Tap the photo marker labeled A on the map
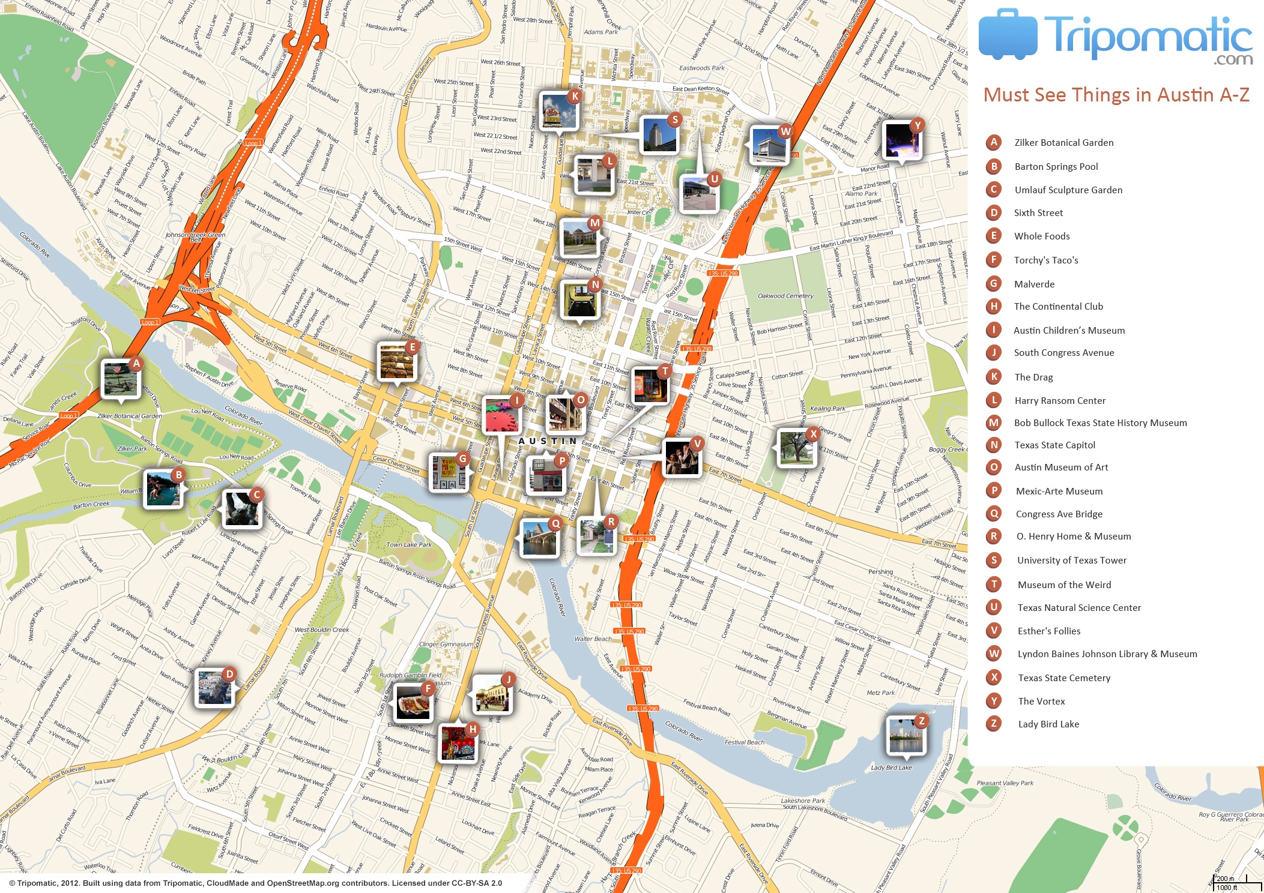point(120,379)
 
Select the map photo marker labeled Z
point(906,735)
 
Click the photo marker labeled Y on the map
point(901,140)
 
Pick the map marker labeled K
point(559,110)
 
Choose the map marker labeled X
point(796,447)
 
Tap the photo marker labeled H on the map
point(458,742)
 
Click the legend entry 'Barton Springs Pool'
point(1056,167)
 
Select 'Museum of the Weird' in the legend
point(1064,585)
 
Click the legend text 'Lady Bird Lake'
point(1048,724)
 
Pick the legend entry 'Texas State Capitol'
point(1054,445)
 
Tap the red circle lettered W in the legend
point(994,654)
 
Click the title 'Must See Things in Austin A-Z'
point(1116,95)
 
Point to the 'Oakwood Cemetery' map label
point(785,296)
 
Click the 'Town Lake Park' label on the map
point(408,545)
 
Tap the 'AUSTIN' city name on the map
point(547,441)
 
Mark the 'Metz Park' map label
point(880,693)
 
